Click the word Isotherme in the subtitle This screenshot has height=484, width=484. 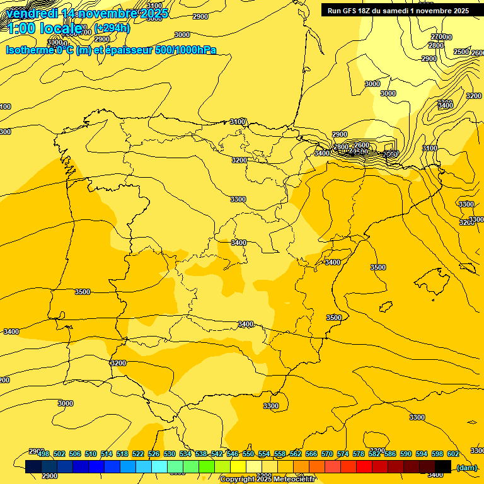click(x=29, y=50)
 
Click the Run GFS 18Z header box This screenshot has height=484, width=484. click(x=398, y=11)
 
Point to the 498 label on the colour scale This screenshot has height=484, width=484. click(x=43, y=454)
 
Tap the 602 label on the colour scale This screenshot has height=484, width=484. click(x=452, y=454)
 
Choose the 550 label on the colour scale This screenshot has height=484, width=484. click(x=248, y=454)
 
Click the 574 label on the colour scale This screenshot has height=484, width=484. click(x=343, y=454)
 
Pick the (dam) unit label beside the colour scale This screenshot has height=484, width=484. click(x=467, y=468)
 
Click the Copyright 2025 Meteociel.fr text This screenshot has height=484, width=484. click(x=267, y=480)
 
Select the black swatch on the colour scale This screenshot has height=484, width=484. click(x=443, y=466)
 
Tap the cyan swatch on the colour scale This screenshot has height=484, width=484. click(x=159, y=466)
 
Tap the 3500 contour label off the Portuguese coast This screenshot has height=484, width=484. click(x=82, y=292)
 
